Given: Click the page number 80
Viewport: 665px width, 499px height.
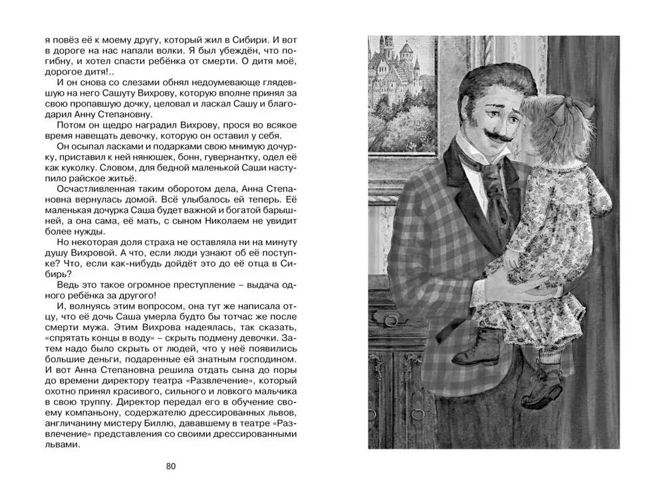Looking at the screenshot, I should [x=170, y=466].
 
